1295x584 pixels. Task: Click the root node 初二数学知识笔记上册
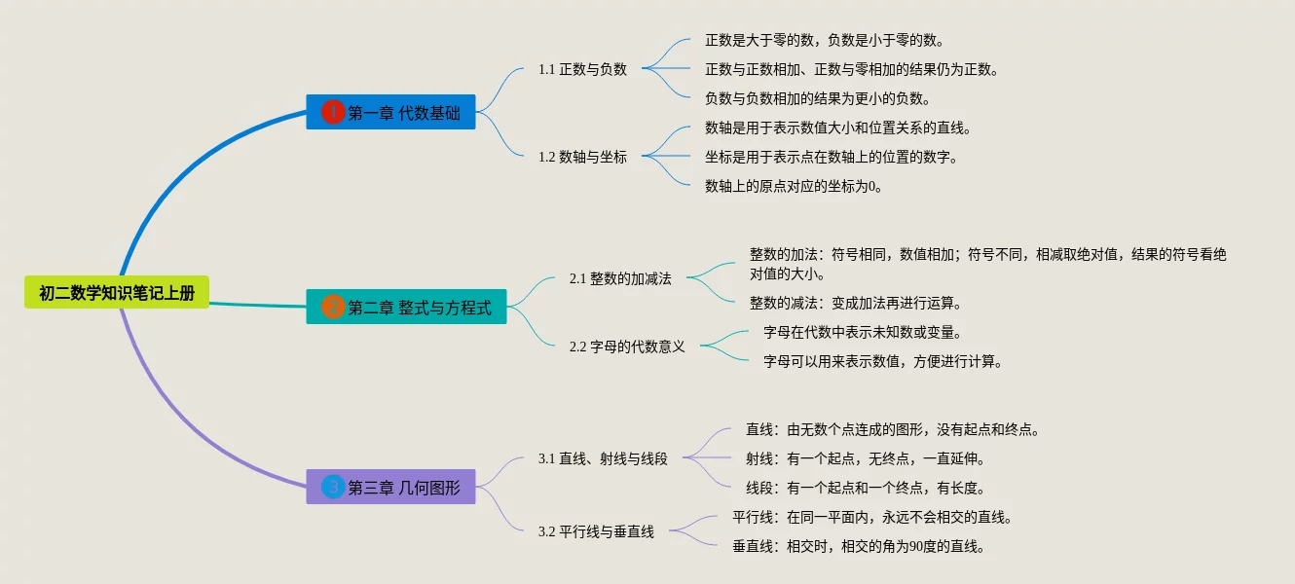point(117,293)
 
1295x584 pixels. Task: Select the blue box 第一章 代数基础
point(390,113)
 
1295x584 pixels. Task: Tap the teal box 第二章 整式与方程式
point(406,308)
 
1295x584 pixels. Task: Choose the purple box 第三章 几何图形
point(390,488)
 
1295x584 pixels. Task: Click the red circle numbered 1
point(333,113)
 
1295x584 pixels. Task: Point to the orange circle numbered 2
point(333,308)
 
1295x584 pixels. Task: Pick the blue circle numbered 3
point(333,488)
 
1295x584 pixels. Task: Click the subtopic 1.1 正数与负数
point(582,69)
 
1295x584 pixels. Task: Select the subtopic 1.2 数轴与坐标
point(582,157)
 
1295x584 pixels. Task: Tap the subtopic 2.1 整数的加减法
point(620,278)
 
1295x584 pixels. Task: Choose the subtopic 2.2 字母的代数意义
point(627,347)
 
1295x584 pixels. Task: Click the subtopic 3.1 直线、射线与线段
point(603,458)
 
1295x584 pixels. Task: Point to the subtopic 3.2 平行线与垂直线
point(596,531)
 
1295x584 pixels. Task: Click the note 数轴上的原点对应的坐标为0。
point(795,186)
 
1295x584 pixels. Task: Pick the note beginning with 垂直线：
point(859,546)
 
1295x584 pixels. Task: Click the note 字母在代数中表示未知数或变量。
point(863,332)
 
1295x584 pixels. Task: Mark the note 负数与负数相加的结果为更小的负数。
point(818,98)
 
